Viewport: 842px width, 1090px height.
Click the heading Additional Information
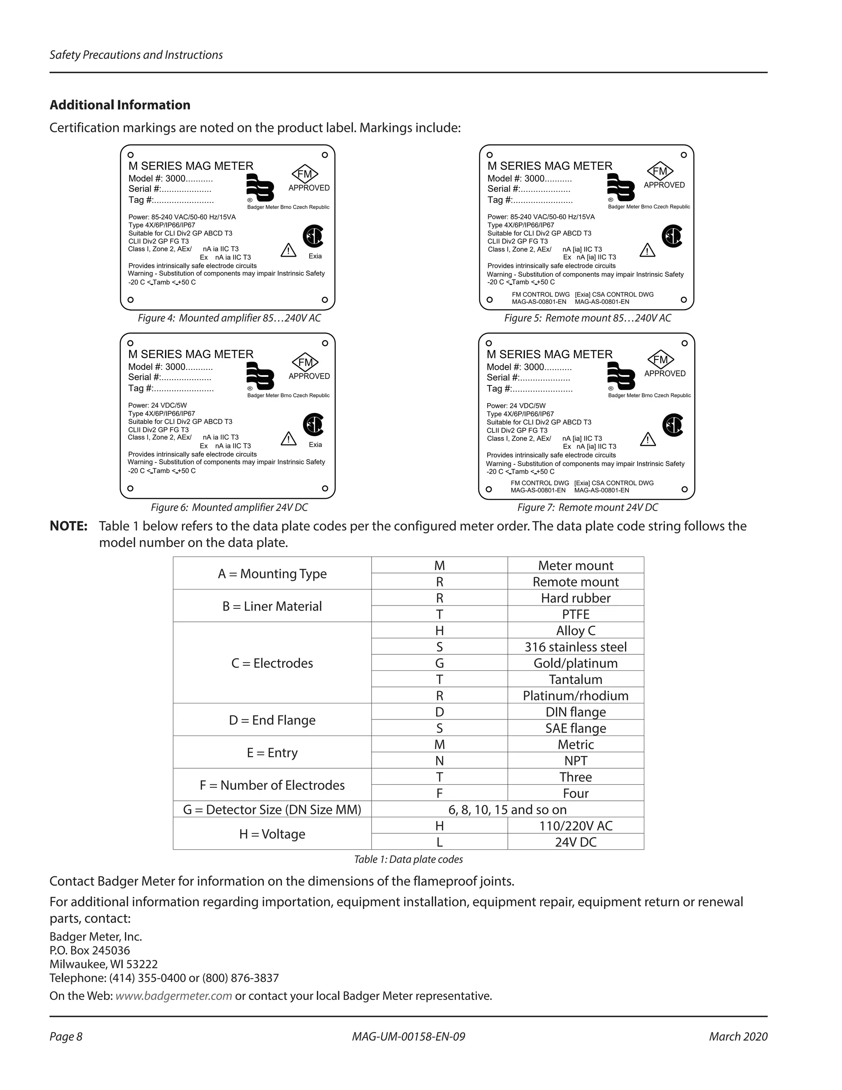tap(120, 105)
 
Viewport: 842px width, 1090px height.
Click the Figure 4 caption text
tap(229, 318)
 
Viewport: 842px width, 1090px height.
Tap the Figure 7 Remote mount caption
tap(587, 507)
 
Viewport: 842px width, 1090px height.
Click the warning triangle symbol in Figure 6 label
tap(288, 439)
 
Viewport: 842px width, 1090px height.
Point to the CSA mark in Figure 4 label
tap(313, 236)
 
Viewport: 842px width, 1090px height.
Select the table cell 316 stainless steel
tap(575, 647)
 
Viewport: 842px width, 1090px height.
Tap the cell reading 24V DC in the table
tap(575, 842)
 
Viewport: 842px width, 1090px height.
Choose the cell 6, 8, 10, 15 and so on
tap(507, 809)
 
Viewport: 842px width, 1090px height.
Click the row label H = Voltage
tap(272, 834)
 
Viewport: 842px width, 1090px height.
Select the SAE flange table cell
tap(575, 728)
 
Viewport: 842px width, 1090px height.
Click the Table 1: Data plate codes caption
tap(408, 859)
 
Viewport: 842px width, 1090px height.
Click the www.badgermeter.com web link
tap(173, 996)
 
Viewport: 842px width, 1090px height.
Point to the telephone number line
tap(164, 978)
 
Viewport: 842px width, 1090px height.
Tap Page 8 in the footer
tap(66, 1037)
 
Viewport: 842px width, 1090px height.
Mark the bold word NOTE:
tap(68, 526)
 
